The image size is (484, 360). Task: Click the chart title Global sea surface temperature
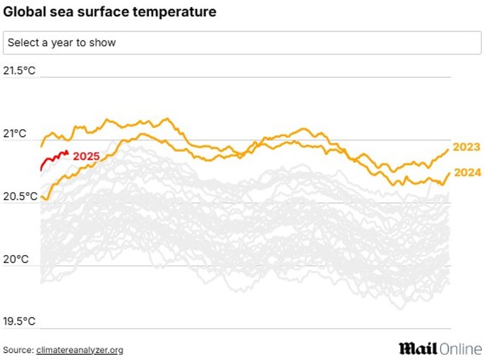pos(109,12)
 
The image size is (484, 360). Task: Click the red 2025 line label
pos(86,156)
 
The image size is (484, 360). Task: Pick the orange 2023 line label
pos(466,147)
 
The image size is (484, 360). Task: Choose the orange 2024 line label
pos(466,173)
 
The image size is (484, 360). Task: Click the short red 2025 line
pos(52,158)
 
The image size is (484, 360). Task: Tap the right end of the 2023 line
pos(448,150)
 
